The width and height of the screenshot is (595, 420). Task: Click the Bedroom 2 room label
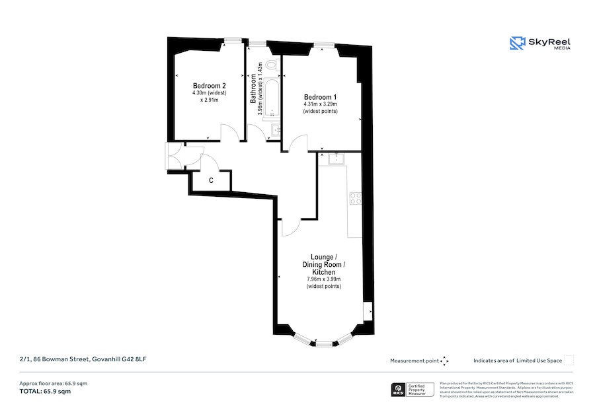click(210, 86)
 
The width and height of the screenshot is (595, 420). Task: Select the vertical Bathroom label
click(253, 92)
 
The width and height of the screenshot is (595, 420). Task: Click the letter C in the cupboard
click(211, 180)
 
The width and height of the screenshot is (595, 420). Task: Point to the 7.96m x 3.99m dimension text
click(324, 279)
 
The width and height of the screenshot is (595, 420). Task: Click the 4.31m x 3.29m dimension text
click(320, 104)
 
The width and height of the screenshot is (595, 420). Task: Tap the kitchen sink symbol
click(337, 158)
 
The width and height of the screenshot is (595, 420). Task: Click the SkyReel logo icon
click(517, 44)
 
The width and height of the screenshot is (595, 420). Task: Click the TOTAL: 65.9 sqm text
click(45, 392)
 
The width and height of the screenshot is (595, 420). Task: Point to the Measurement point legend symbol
click(444, 361)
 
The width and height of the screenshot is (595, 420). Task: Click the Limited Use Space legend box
click(569, 361)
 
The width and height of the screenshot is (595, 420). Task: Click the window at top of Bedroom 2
click(231, 41)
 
